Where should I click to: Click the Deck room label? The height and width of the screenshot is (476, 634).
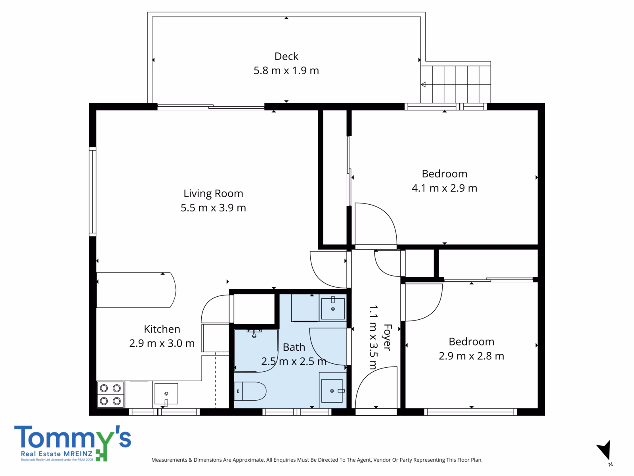click(x=286, y=56)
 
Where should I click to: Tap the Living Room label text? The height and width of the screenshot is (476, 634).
click(x=213, y=194)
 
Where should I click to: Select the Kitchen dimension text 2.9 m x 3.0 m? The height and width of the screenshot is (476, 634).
click(x=162, y=344)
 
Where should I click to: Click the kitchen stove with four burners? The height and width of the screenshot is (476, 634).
click(x=110, y=395)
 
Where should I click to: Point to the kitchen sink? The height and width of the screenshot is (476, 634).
click(x=166, y=393)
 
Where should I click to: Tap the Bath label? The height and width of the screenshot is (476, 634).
click(x=294, y=347)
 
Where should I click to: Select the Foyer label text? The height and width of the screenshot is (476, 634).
click(x=387, y=337)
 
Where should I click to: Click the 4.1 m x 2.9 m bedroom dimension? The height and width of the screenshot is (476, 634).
click(x=444, y=188)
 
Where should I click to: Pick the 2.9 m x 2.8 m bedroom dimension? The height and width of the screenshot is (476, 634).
click(x=471, y=356)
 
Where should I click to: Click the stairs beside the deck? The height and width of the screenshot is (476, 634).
click(x=456, y=84)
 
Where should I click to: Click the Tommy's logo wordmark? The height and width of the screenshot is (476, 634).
click(x=73, y=437)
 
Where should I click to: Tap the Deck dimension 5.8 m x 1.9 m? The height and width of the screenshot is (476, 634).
click(x=286, y=71)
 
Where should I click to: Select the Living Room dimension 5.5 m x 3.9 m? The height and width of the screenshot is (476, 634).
click(x=213, y=208)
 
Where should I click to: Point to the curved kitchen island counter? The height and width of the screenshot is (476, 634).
click(x=136, y=290)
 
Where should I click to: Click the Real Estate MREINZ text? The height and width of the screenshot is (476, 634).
click(x=57, y=454)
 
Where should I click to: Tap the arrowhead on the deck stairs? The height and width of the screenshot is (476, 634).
click(x=424, y=84)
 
